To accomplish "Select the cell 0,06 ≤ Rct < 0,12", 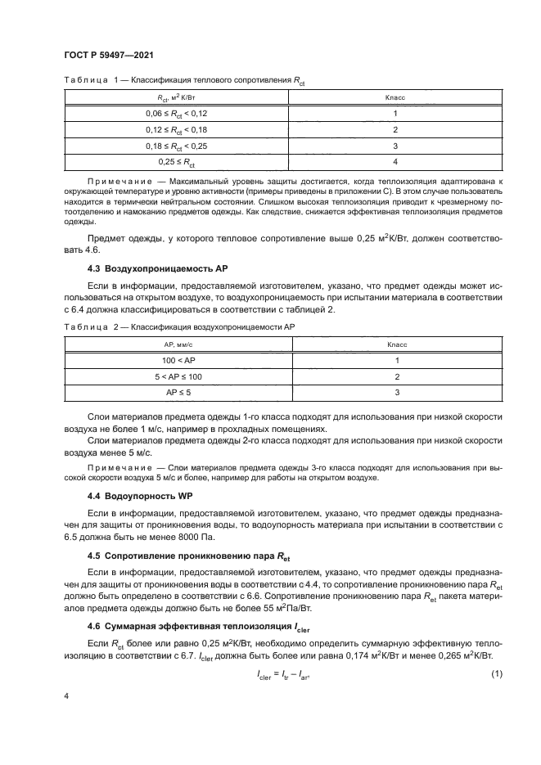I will click(178, 114).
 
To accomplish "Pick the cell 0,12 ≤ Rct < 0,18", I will click(178, 129).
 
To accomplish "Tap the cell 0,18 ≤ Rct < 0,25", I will click(178, 146).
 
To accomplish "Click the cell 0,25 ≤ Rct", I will click(178, 162).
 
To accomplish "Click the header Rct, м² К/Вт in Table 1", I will click(178, 97).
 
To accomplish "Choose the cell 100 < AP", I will click(178, 362).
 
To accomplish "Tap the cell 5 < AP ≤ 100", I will click(178, 377).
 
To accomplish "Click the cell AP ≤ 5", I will click(178, 394).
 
